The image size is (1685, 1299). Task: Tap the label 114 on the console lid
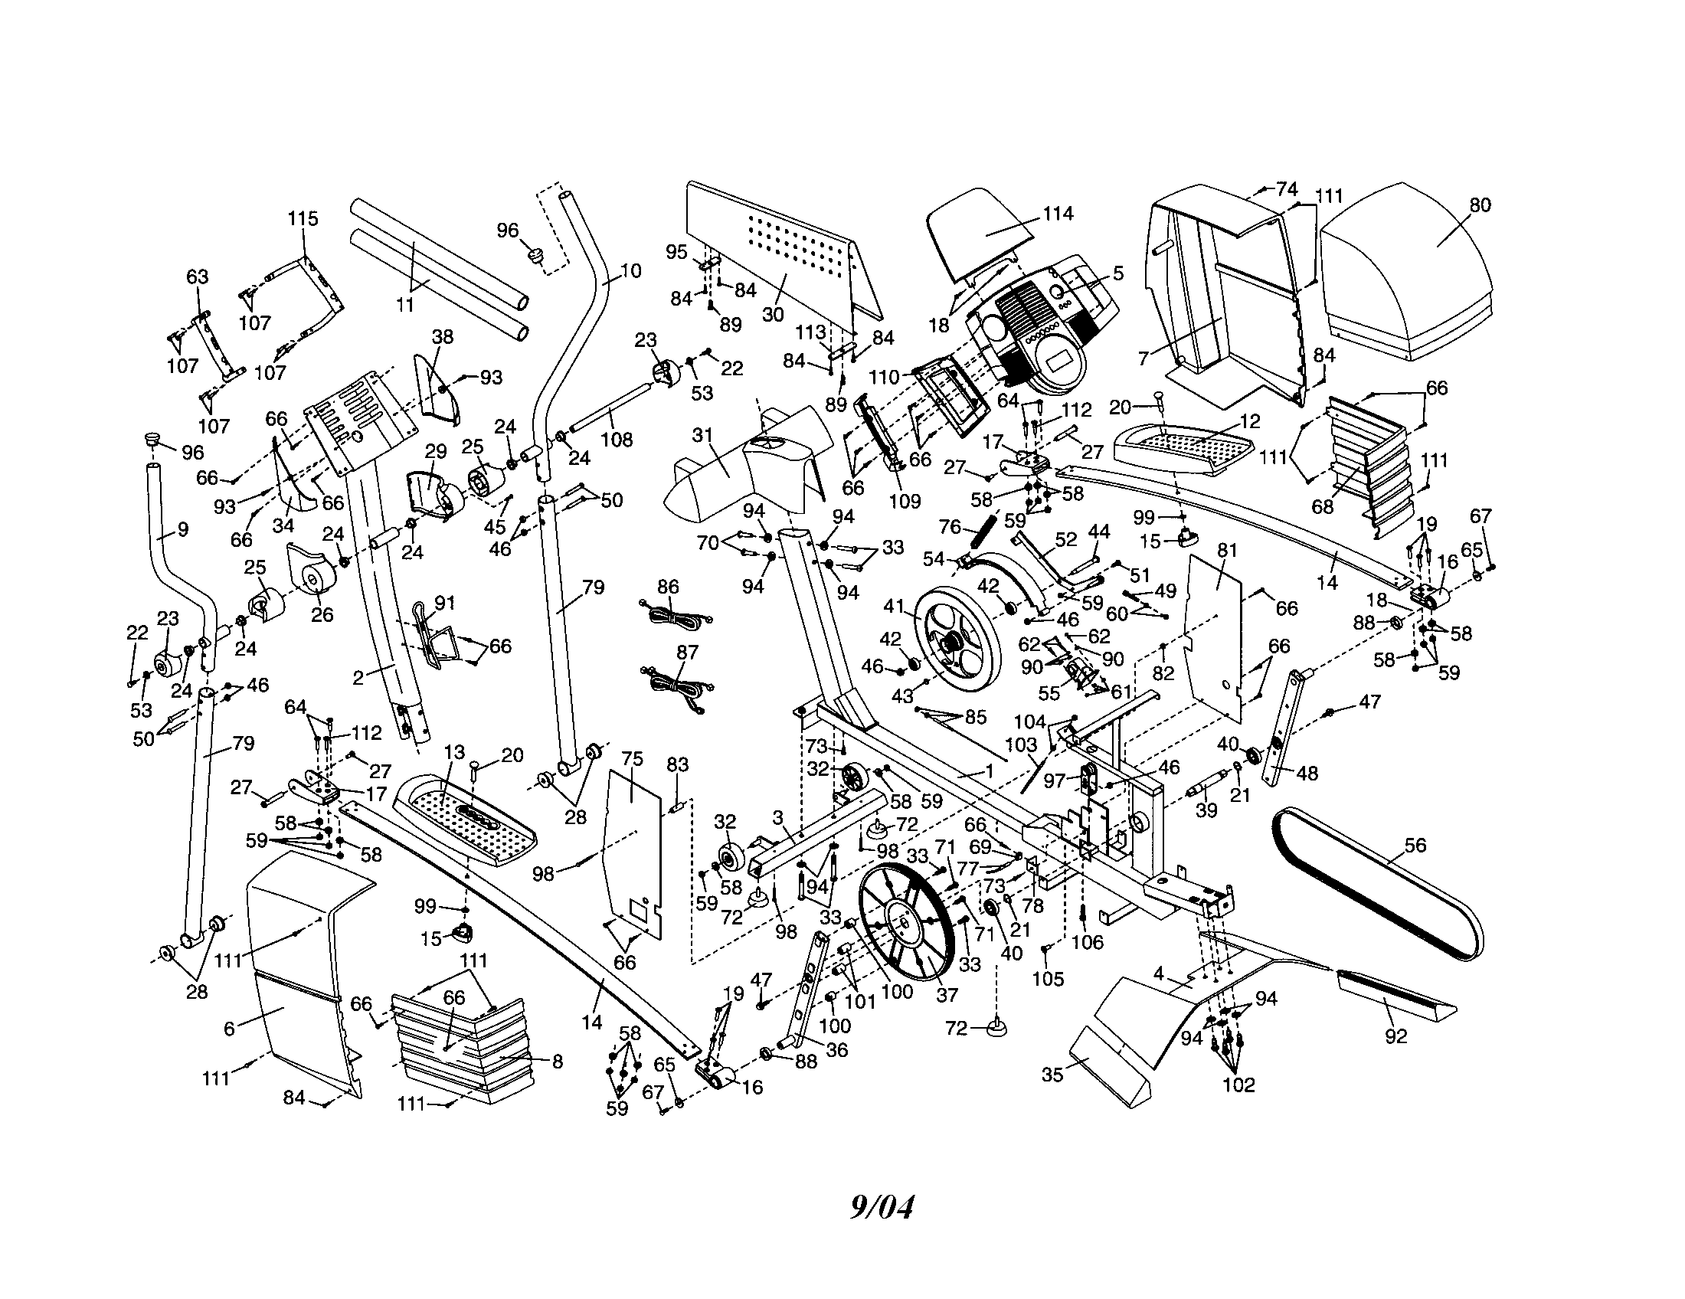(x=1058, y=214)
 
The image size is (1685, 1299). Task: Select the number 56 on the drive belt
(x=1415, y=846)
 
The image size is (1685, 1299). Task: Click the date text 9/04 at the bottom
(x=881, y=1206)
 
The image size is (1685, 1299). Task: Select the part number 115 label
(x=303, y=218)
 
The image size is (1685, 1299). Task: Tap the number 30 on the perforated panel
(x=772, y=314)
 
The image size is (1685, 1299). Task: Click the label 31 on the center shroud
(x=702, y=436)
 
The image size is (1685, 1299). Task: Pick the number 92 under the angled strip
(x=1395, y=1037)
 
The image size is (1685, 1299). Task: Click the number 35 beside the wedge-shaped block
(x=1052, y=1075)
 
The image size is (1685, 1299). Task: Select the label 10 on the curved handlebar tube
(x=630, y=272)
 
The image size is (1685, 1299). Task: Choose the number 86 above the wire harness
(x=668, y=586)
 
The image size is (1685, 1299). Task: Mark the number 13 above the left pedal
(x=455, y=752)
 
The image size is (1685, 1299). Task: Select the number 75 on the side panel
(x=632, y=758)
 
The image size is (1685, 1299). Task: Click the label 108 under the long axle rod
(x=617, y=440)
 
